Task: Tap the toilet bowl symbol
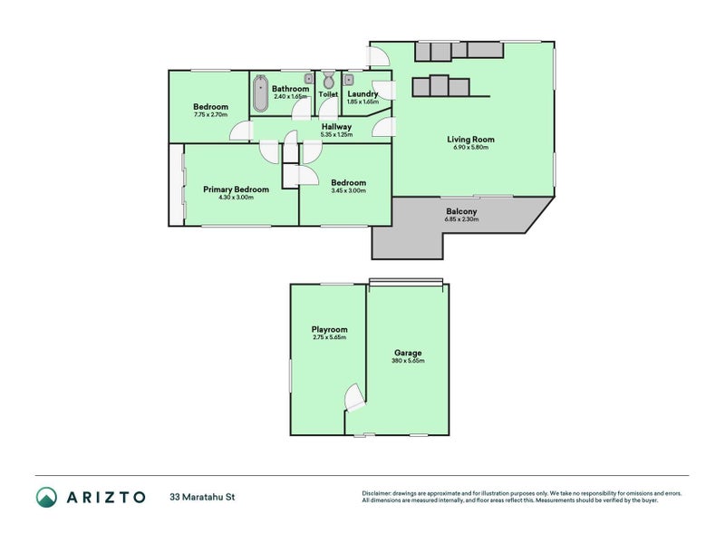click(x=328, y=83)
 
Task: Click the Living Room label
click(x=469, y=140)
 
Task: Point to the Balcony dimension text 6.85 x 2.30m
click(x=461, y=220)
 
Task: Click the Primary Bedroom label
click(x=236, y=189)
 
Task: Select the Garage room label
click(x=407, y=353)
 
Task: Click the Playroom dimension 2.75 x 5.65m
click(x=329, y=337)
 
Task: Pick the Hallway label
click(x=335, y=127)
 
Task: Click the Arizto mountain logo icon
click(x=46, y=496)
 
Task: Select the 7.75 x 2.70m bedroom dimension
click(x=210, y=115)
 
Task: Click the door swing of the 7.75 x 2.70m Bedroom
click(x=241, y=131)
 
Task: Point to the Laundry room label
click(x=362, y=94)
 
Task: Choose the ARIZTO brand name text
click(x=104, y=497)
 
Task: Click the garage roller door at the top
click(x=406, y=282)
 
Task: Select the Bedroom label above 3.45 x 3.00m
click(x=348, y=181)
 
